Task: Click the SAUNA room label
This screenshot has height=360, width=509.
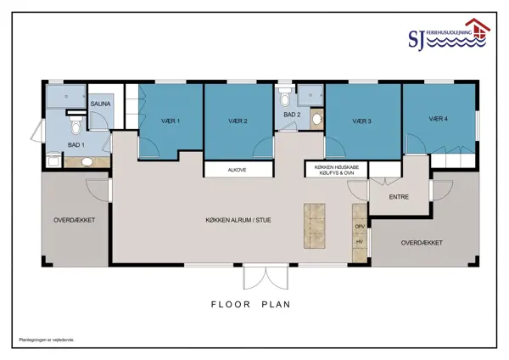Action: pyautogui.click(x=100, y=104)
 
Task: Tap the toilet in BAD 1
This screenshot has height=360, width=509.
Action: pyautogui.click(x=76, y=126)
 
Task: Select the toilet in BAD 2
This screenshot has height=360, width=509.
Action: pyautogui.click(x=285, y=97)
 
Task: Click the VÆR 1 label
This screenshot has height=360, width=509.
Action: pyautogui.click(x=171, y=121)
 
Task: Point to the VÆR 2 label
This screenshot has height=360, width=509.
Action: pyautogui.click(x=238, y=121)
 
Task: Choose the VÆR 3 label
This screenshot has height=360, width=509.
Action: pyautogui.click(x=361, y=121)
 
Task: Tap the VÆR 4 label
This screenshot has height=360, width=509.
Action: pyautogui.click(x=439, y=119)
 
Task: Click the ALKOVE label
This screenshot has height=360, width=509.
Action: pyautogui.click(x=237, y=170)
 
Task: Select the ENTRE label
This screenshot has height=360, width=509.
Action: pyautogui.click(x=399, y=197)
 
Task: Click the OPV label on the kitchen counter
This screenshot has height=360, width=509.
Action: pyautogui.click(x=360, y=227)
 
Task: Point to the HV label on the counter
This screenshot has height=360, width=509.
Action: pyautogui.click(x=360, y=242)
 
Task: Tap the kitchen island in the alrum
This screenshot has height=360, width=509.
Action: pyautogui.click(x=314, y=226)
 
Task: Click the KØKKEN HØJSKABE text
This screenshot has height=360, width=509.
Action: pyautogui.click(x=337, y=167)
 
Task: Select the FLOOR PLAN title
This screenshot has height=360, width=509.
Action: pyautogui.click(x=250, y=305)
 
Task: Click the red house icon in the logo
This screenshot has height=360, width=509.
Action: pyautogui.click(x=478, y=28)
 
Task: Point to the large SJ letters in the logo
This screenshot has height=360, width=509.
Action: pyautogui.click(x=417, y=40)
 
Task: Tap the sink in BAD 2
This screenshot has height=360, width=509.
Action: pyautogui.click(x=316, y=119)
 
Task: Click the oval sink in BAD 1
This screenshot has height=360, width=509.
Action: pyautogui.click(x=87, y=162)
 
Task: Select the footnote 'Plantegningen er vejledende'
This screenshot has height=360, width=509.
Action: pyautogui.click(x=47, y=340)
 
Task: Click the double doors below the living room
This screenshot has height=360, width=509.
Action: pyautogui.click(x=266, y=277)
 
